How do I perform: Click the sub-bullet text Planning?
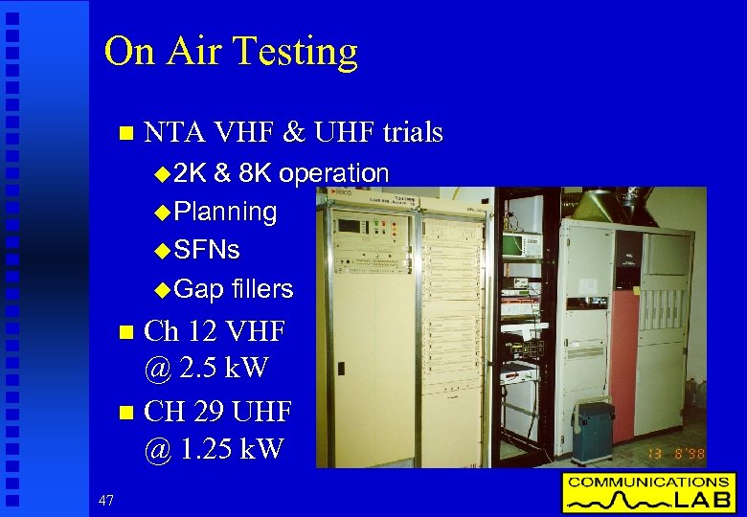[x=226, y=212]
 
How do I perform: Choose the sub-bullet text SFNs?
[x=208, y=250]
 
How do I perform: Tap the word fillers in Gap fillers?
[x=262, y=288]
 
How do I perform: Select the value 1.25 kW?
[x=230, y=447]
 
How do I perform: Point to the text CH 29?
[x=185, y=412]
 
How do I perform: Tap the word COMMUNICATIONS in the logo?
[x=647, y=482]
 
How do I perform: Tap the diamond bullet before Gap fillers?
[x=161, y=289]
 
